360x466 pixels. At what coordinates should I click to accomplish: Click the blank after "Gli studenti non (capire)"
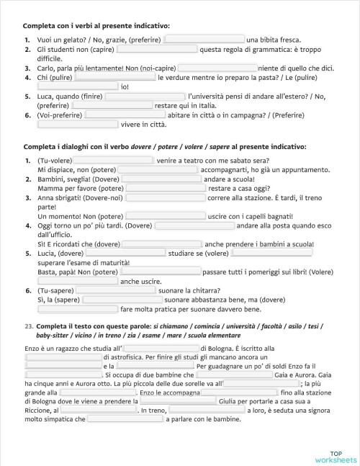156,50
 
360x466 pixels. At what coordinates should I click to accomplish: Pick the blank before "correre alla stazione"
165,197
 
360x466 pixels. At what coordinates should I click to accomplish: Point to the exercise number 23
28,327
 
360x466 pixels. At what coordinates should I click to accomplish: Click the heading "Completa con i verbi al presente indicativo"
96,26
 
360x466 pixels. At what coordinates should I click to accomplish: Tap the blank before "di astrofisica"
63,357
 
